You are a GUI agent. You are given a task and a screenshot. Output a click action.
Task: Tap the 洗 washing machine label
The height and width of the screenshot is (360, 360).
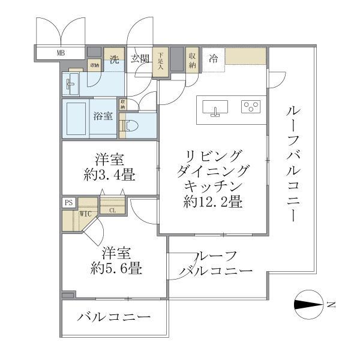coord(114,59)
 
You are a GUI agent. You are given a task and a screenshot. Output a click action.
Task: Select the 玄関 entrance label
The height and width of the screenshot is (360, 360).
coord(139,59)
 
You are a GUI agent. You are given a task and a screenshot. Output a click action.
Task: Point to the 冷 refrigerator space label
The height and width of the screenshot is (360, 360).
coord(213,59)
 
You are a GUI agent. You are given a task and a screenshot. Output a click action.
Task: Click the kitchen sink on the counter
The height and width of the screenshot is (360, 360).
coord(215,109)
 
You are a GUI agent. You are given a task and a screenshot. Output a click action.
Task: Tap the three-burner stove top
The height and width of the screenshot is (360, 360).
coord(251,107)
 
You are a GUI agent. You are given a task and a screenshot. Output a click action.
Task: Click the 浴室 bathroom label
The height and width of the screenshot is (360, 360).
coord(103,116)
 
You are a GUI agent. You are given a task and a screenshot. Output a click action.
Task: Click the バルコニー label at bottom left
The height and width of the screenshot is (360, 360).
coord(113,317)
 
